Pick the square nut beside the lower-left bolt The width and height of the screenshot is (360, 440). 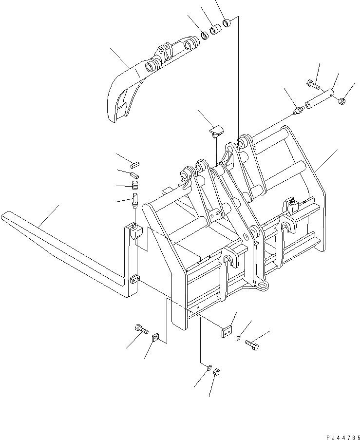tap(155, 337)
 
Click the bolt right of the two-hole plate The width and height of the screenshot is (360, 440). tap(252, 344)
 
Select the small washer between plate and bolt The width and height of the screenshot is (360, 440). tap(238, 337)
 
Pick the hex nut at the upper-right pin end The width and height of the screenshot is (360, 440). tap(341, 101)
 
